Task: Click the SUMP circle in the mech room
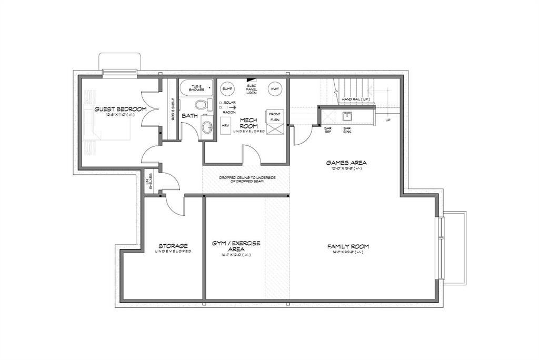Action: (x=226, y=88)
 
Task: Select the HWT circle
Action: (x=274, y=89)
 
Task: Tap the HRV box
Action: (x=226, y=125)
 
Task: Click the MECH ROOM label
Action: (x=248, y=123)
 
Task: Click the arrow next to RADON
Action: (x=232, y=107)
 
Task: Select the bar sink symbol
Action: (x=347, y=115)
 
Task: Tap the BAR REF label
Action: (x=327, y=130)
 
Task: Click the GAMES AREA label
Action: (x=346, y=163)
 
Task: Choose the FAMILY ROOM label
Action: (x=347, y=246)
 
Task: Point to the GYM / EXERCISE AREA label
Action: (x=236, y=246)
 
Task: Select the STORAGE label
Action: (x=173, y=246)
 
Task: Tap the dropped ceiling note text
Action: (x=247, y=179)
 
